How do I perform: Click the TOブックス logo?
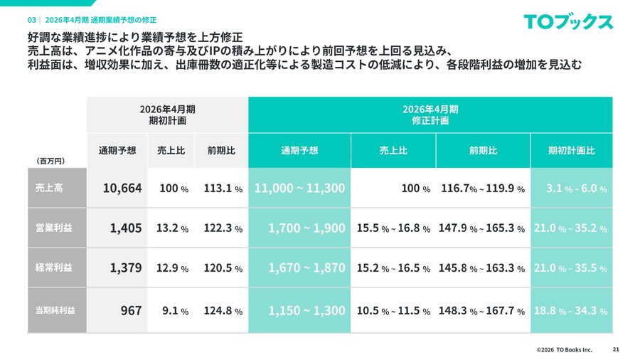pyautogui.click(x=568, y=21)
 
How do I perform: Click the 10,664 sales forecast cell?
pyautogui.click(x=122, y=189)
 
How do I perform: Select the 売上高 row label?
pyautogui.click(x=49, y=189)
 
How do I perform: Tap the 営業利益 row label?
pyautogui.click(x=49, y=228)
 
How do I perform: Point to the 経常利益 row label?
pyautogui.click(x=49, y=268)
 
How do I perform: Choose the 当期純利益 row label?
pyautogui.click(x=55, y=311)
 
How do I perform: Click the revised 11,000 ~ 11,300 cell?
pyautogui.click(x=299, y=189)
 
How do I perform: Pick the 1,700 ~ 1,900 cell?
pyautogui.click(x=306, y=228)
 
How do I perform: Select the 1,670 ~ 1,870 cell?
pyautogui.click(x=306, y=268)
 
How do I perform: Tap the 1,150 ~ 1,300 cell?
pyautogui.click(x=306, y=311)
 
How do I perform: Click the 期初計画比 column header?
pyautogui.click(x=571, y=151)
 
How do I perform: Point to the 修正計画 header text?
pyautogui.click(x=430, y=121)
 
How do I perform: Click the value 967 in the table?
pyautogui.click(x=131, y=311)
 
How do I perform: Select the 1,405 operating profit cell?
pyautogui.click(x=126, y=228)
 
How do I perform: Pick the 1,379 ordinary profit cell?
pyautogui.click(x=126, y=268)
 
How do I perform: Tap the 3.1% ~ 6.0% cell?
pyautogui.click(x=576, y=189)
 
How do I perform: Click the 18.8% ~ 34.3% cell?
pyautogui.click(x=571, y=311)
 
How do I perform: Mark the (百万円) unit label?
pyautogui.click(x=50, y=162)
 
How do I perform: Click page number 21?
pyautogui.click(x=616, y=349)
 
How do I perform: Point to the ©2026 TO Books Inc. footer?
pyautogui.click(x=564, y=349)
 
